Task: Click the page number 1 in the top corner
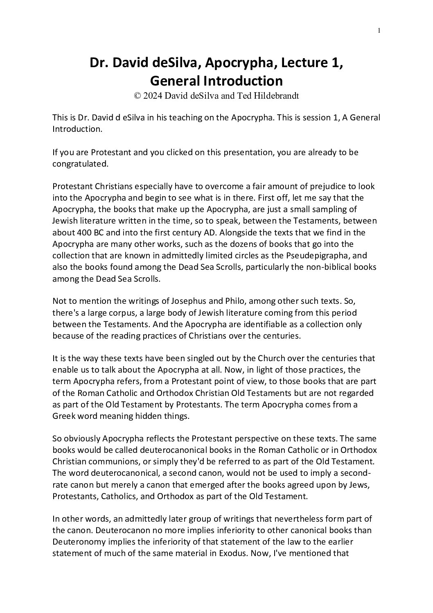pyautogui.click(x=379, y=30)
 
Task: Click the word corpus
pyautogui.click(x=118, y=313)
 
